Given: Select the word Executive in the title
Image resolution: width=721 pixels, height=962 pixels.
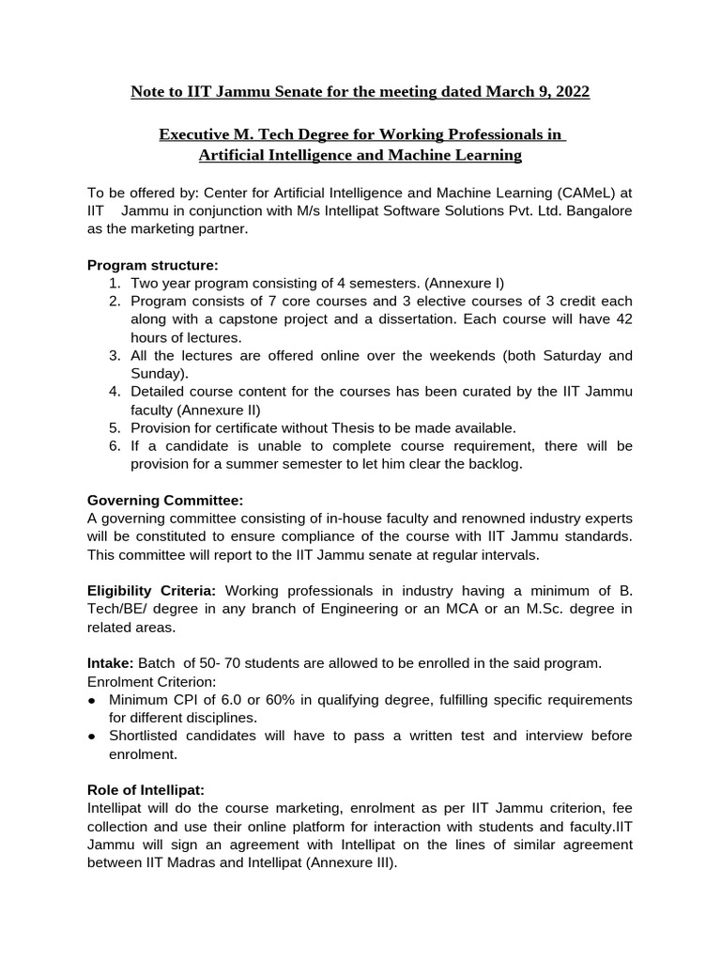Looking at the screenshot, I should coord(193,135).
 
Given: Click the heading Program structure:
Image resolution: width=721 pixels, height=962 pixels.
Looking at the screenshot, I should coord(153,265).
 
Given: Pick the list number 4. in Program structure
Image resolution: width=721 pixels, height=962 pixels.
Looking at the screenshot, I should coord(115,391).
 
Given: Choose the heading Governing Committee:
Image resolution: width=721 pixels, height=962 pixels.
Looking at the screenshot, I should coord(165,500).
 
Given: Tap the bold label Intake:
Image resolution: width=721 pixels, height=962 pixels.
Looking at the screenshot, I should coord(110,662).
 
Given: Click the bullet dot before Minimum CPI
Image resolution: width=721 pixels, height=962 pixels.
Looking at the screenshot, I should coord(92,701).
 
